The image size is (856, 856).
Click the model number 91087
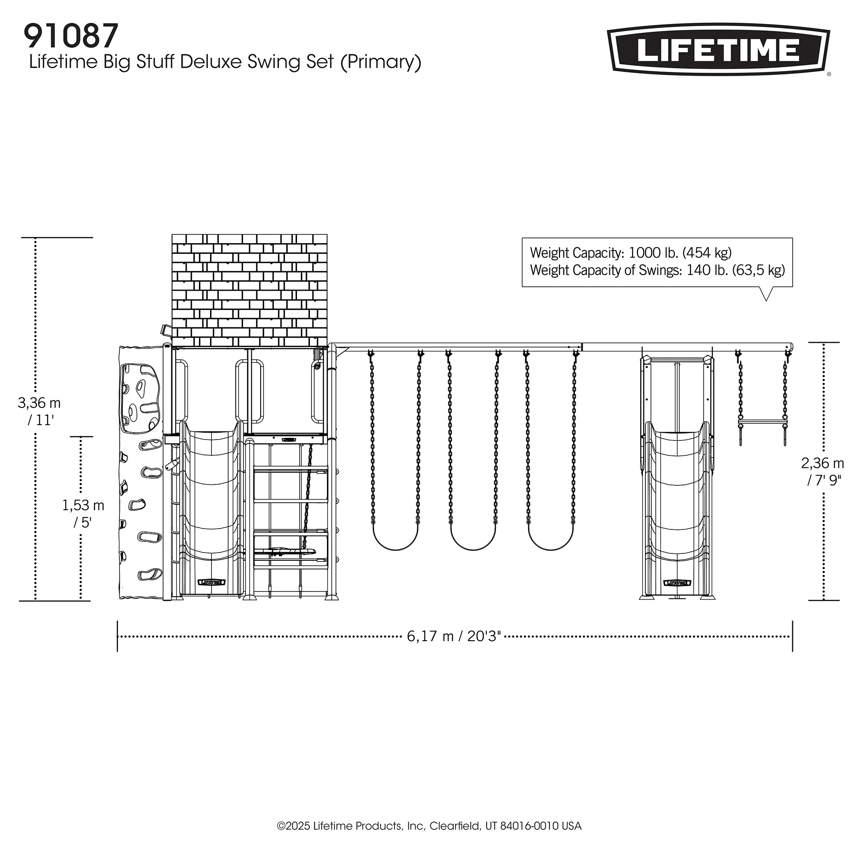71,36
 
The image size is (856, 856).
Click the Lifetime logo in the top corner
718,50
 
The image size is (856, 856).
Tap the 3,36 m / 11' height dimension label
39,411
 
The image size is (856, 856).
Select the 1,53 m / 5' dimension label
83,514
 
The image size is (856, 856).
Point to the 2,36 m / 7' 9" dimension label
822,471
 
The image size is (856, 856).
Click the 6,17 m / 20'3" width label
454,636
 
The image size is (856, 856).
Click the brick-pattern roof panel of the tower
250,290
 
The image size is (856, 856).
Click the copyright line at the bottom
429,826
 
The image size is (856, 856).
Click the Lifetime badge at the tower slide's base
211,583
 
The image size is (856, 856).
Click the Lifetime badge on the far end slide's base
677,583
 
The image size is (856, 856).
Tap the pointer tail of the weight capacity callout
766,294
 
